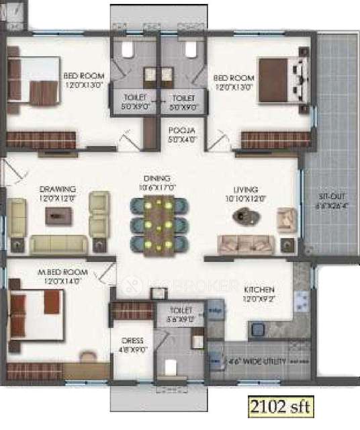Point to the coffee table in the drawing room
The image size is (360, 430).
click(x=60, y=215)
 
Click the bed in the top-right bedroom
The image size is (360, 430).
click(x=283, y=81)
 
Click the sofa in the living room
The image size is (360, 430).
click(x=245, y=243)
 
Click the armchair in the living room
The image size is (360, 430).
click(x=287, y=219)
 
